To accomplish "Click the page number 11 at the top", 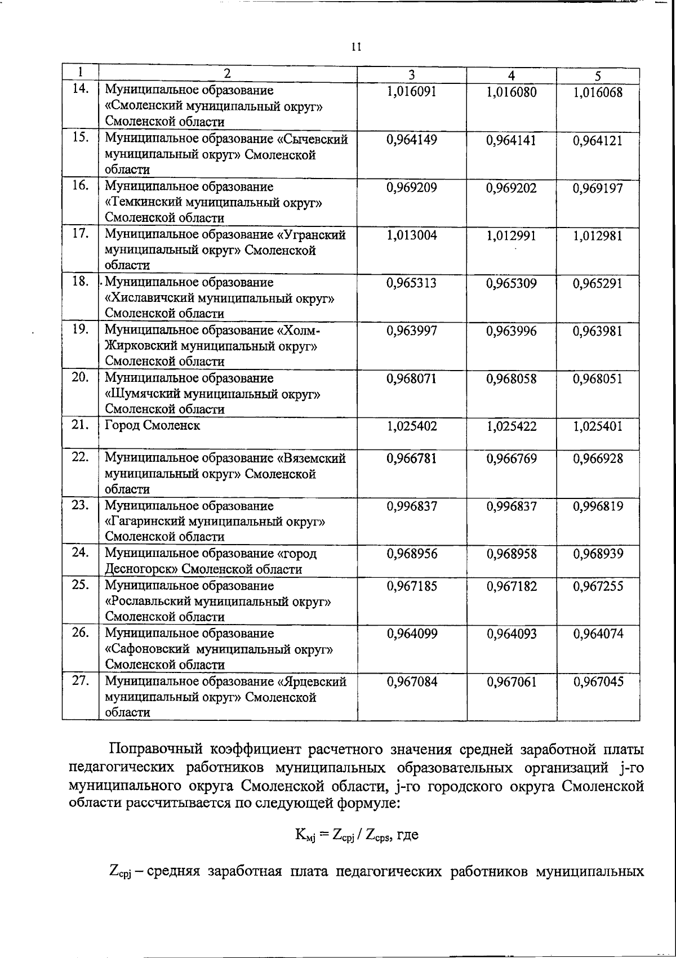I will [x=355, y=47].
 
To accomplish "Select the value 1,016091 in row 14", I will [x=411, y=92].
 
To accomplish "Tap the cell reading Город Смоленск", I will [x=153, y=426].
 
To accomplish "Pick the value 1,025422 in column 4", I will [x=511, y=427].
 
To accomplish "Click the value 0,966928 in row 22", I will [x=598, y=458].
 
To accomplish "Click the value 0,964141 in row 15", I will [x=511, y=140].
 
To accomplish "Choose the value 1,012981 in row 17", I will [x=598, y=236].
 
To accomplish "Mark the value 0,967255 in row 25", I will [x=598, y=586].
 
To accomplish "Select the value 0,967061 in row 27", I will [x=511, y=682].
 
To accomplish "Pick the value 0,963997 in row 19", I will [x=411, y=331].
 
